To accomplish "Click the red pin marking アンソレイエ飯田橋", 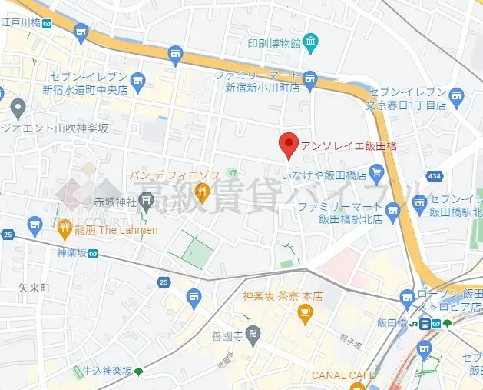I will pos(287,144).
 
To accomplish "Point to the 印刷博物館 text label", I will pos(272,43).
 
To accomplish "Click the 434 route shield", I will pos(435,176).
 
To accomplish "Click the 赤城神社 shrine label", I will pos(114,202).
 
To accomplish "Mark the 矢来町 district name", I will pos(34,287).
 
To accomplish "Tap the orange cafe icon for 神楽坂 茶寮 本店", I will pos(305,312).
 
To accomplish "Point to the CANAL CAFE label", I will pos(343,375).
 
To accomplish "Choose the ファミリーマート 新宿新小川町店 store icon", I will pos(310,77).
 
